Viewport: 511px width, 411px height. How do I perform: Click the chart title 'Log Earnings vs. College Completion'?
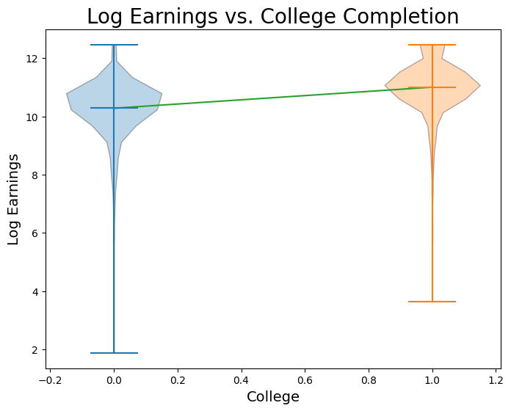pos(272,16)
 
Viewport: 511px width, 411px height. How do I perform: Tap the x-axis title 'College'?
pos(272,397)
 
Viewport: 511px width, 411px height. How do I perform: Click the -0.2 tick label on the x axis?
pos(48,380)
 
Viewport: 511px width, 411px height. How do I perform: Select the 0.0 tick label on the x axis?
pos(114,380)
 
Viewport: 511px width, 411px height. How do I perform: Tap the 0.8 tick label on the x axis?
pos(369,380)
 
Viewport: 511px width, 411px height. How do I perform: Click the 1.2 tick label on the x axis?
pos(496,380)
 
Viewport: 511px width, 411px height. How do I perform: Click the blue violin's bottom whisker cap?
pos(114,353)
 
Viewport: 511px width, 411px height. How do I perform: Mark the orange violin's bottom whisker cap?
pos(432,302)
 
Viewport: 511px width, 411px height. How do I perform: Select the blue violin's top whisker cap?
pos(114,45)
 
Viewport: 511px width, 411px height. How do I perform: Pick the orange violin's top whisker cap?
pos(432,45)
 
